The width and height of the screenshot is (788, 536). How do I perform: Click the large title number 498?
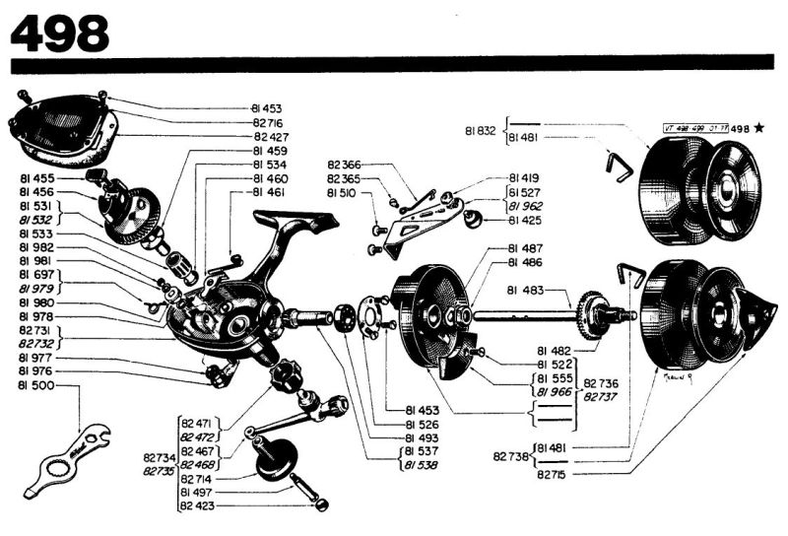point(59,32)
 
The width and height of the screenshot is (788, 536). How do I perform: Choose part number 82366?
point(345,165)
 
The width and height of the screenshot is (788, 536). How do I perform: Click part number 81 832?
point(482,129)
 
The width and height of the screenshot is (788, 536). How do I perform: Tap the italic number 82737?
point(601,396)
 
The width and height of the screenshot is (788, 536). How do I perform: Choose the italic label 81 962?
point(527,206)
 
